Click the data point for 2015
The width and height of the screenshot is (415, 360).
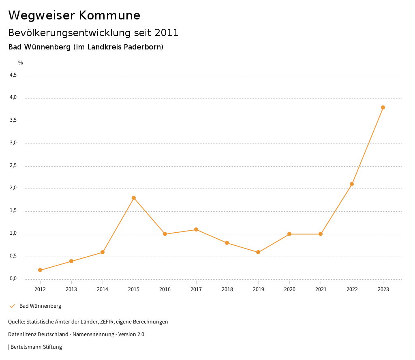click(x=134, y=198)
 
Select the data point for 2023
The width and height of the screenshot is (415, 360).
click(x=383, y=107)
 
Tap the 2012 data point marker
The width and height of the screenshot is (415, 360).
click(x=40, y=270)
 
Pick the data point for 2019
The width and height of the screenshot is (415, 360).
click(x=258, y=252)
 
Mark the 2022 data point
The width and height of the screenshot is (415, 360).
click(x=352, y=184)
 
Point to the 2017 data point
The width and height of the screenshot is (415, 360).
click(x=196, y=229)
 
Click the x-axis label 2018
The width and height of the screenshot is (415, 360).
click(x=227, y=289)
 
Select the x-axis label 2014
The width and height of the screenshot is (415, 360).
click(x=103, y=289)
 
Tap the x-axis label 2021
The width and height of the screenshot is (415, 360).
click(x=321, y=289)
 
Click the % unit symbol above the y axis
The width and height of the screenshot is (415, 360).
click(x=21, y=63)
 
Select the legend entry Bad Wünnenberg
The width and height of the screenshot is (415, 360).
click(x=40, y=306)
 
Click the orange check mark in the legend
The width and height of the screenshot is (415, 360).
click(x=12, y=306)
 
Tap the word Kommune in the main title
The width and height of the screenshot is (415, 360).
click(x=109, y=15)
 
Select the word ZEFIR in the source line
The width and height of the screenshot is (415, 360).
click(x=107, y=322)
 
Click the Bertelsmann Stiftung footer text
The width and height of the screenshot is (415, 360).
click(x=36, y=347)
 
